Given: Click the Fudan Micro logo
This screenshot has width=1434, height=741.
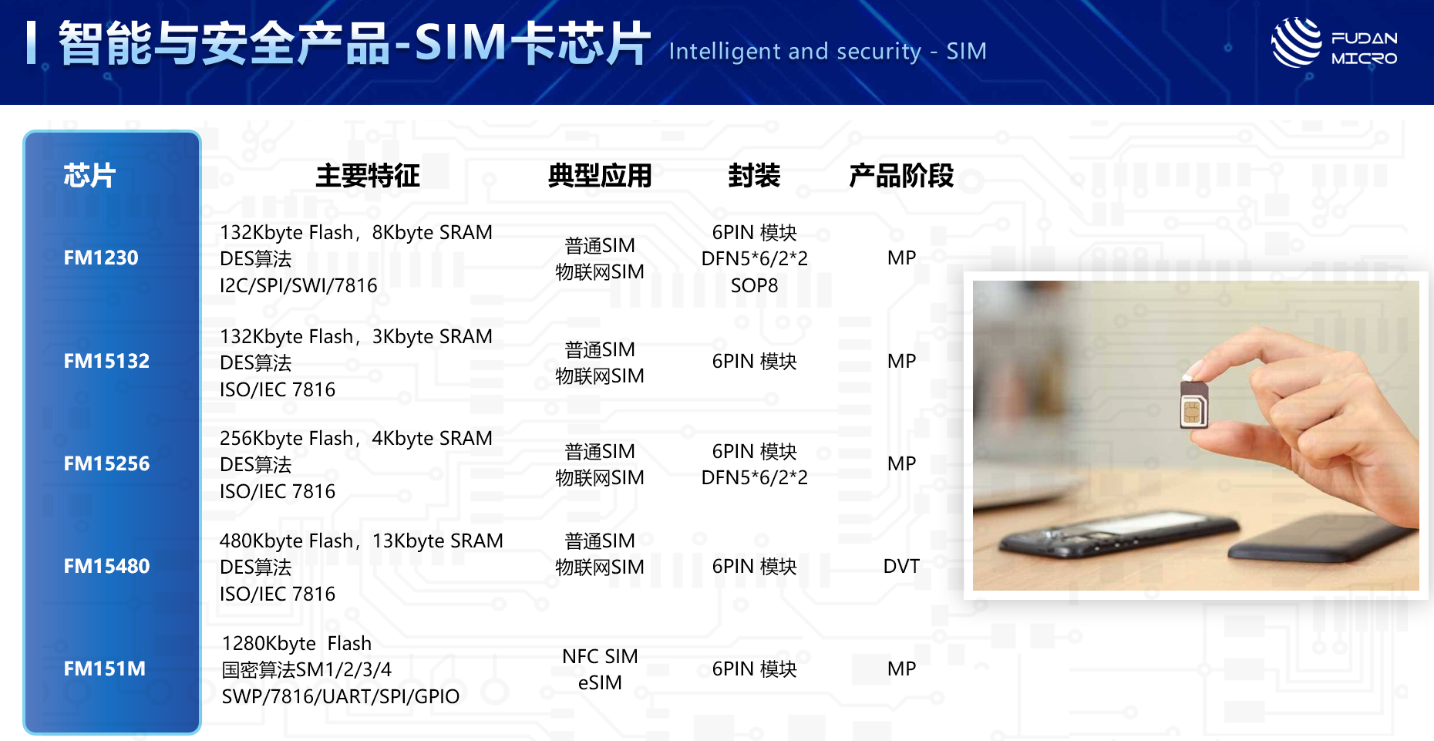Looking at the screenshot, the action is [1335, 43].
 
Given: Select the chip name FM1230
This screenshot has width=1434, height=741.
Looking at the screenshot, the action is [101, 258].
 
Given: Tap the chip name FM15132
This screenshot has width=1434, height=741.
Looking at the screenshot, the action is [106, 361].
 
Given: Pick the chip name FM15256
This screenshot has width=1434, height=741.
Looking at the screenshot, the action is [106, 463].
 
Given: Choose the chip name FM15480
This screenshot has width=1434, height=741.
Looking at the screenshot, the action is [106, 566].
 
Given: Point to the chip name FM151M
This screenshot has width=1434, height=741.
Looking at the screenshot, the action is [104, 669].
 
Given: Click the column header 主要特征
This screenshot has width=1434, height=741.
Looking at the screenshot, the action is [368, 176].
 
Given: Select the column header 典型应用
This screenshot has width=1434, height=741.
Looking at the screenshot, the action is [600, 176].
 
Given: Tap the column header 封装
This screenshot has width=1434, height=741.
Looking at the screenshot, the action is [754, 176].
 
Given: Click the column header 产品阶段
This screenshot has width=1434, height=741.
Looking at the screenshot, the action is [901, 176].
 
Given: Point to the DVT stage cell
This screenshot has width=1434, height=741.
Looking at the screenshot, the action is [901, 566].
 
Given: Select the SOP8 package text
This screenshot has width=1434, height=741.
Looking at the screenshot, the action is [754, 285].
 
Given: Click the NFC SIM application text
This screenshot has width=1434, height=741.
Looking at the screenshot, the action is [600, 656].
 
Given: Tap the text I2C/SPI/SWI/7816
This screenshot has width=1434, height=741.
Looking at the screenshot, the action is [298, 285].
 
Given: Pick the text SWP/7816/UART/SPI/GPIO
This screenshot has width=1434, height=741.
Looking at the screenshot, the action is [340, 696].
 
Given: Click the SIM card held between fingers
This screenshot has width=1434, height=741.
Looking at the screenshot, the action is [1194, 403].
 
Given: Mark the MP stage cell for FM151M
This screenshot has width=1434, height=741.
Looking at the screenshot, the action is [901, 669].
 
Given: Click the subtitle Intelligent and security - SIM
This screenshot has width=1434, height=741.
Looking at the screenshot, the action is [827, 51].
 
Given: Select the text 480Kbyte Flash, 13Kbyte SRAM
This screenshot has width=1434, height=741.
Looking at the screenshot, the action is [361, 541].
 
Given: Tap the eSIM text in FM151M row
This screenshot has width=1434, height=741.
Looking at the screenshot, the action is [600, 682].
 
